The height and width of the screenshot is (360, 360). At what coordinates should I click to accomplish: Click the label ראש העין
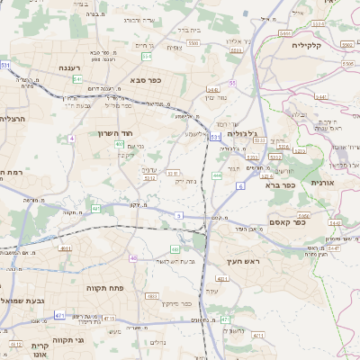[x=243, y=261]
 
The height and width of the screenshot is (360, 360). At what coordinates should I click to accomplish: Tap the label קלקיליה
[x=326, y=45]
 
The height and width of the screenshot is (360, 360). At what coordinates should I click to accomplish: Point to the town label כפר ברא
[x=281, y=184]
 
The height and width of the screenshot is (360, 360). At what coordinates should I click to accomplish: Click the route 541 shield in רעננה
[x=78, y=79]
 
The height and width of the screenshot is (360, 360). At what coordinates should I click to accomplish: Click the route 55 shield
[x=231, y=83]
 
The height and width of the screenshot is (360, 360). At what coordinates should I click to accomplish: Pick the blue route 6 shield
[x=240, y=185]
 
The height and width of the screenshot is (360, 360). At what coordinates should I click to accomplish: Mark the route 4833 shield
[x=152, y=295]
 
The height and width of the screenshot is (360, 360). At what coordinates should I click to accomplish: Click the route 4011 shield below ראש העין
[x=222, y=279]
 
